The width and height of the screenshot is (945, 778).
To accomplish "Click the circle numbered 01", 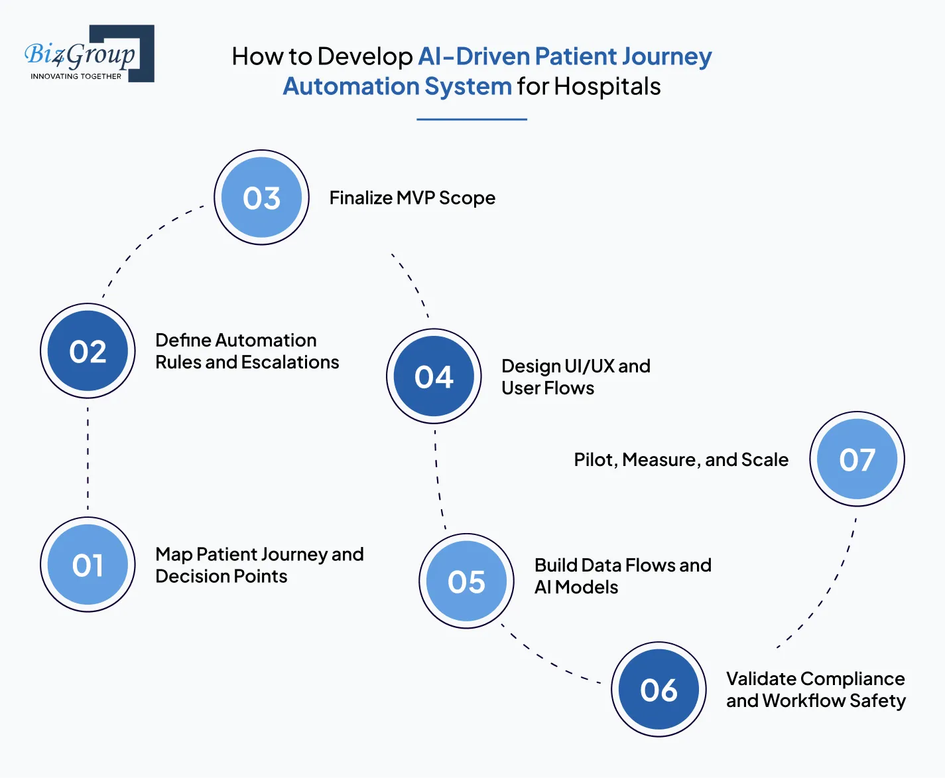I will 88,565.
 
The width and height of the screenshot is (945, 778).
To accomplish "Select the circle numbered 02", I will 88,351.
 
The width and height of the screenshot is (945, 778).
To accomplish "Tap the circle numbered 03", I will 261,198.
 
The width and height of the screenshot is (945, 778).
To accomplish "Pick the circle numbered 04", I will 434,376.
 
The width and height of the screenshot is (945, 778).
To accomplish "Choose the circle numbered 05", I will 466,582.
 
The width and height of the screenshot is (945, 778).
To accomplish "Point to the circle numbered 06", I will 659,690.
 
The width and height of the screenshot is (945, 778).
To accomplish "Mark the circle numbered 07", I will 857,459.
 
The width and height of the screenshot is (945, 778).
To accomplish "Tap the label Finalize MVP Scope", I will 412,198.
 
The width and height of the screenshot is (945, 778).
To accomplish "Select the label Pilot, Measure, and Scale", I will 681,459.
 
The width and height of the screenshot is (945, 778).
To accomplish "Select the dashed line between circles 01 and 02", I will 88,458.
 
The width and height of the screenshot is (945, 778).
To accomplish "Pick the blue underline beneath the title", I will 472,119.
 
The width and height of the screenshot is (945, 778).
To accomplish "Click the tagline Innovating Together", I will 76,76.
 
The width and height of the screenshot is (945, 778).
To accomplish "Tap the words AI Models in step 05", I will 576,587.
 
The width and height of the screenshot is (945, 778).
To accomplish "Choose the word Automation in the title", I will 351,86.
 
